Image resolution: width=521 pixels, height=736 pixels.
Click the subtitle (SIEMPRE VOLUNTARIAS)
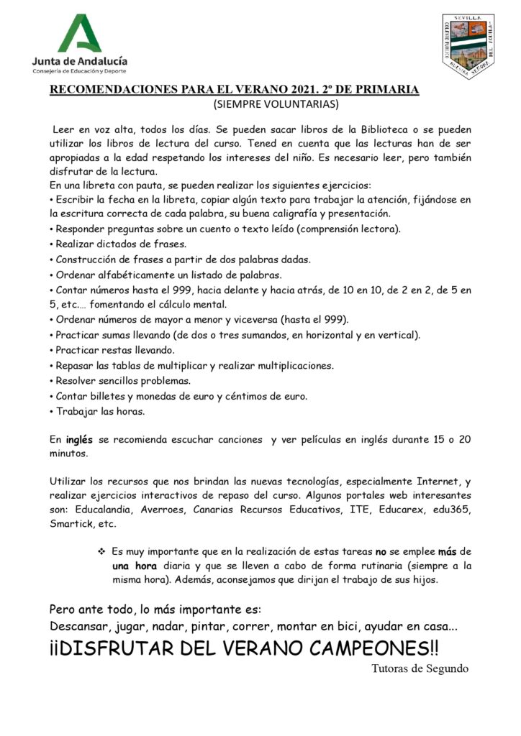click(276, 105)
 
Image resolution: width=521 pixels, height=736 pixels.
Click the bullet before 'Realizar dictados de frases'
click(52, 244)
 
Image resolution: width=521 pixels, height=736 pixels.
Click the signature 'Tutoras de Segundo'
click(420, 668)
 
